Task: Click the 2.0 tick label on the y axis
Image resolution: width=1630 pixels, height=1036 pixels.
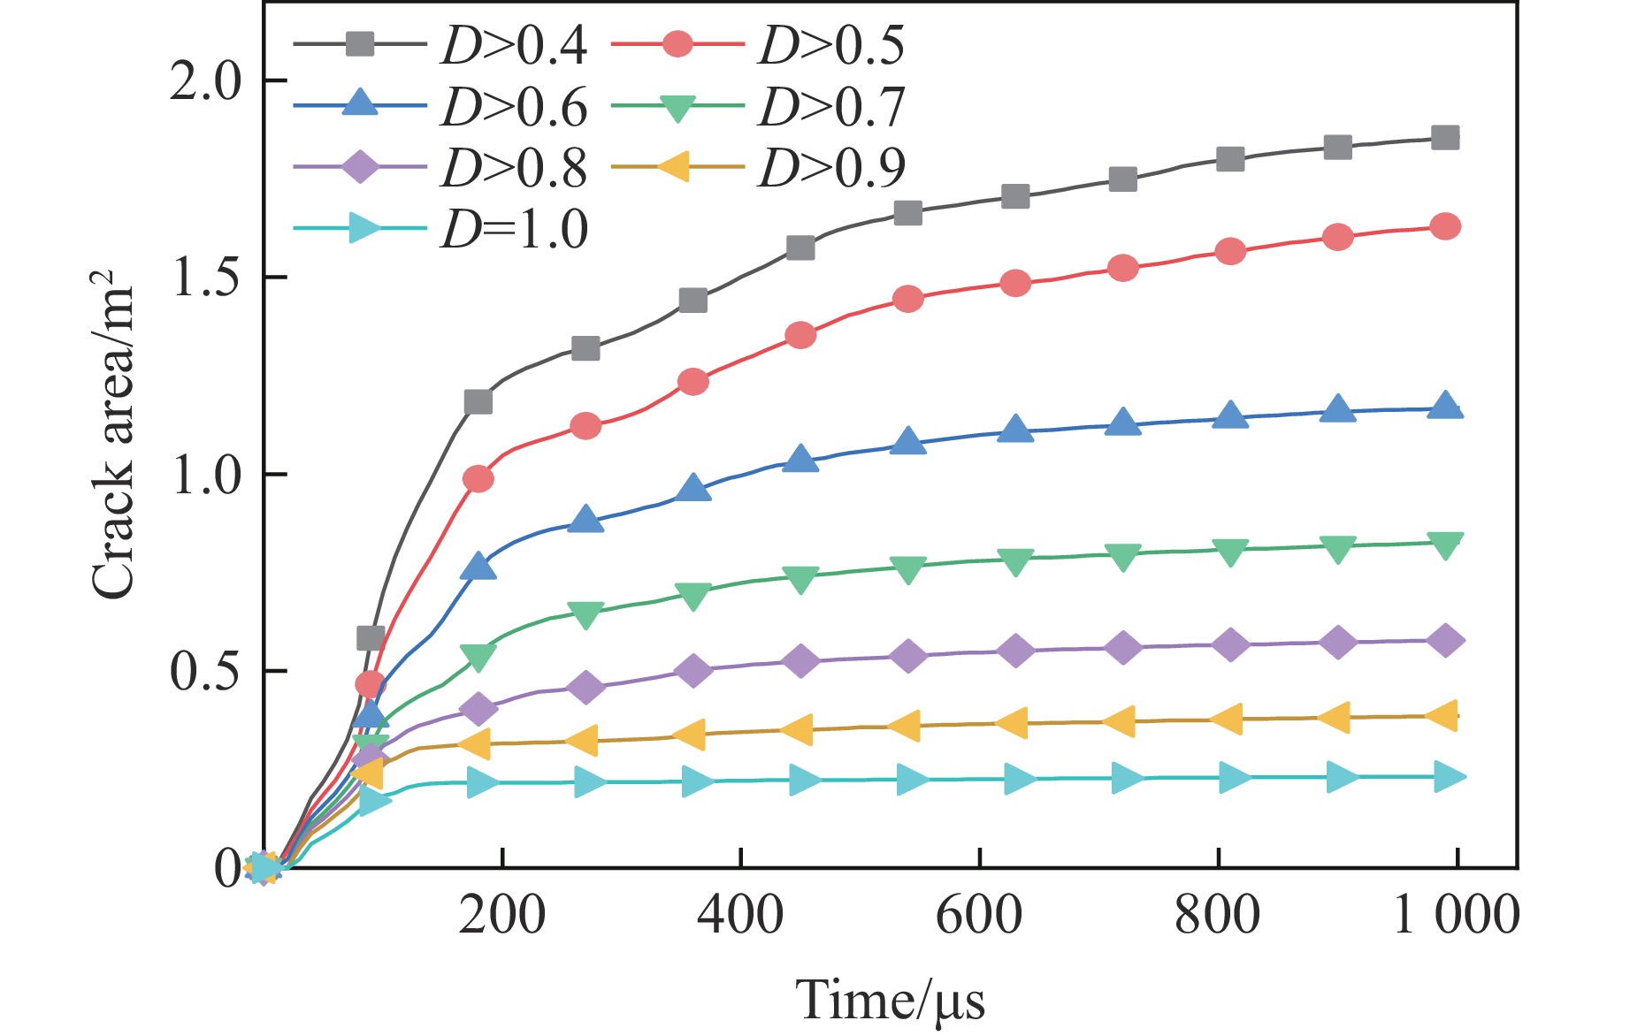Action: [205, 82]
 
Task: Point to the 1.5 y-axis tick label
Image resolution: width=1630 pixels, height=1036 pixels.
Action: [205, 278]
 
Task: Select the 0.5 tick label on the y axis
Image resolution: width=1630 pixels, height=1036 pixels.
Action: [205, 672]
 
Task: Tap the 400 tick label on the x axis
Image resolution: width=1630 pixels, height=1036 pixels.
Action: [740, 915]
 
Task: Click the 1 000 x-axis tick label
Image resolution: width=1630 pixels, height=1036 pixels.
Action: [1456, 915]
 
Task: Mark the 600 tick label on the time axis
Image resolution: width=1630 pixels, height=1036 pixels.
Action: [979, 915]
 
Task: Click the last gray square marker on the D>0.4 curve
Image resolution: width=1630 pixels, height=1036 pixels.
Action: [1445, 138]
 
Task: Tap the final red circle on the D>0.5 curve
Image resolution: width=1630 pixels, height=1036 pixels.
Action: [1445, 227]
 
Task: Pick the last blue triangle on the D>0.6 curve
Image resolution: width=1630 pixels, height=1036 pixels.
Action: [1445, 407]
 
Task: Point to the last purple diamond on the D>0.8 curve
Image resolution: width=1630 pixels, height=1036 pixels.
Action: [1445, 640]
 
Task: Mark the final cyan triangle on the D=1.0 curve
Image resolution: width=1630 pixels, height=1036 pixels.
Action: [1447, 777]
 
